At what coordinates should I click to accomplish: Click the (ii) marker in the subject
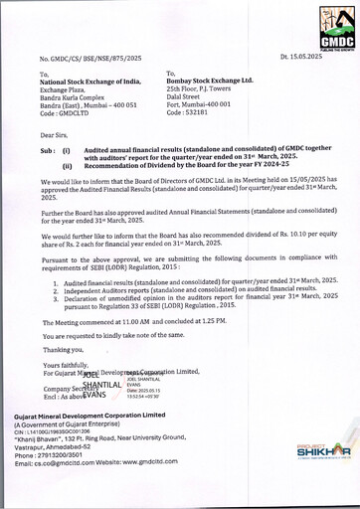[67, 168]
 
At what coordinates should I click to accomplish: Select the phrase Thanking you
[63, 350]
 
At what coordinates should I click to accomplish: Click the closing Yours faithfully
[65, 365]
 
